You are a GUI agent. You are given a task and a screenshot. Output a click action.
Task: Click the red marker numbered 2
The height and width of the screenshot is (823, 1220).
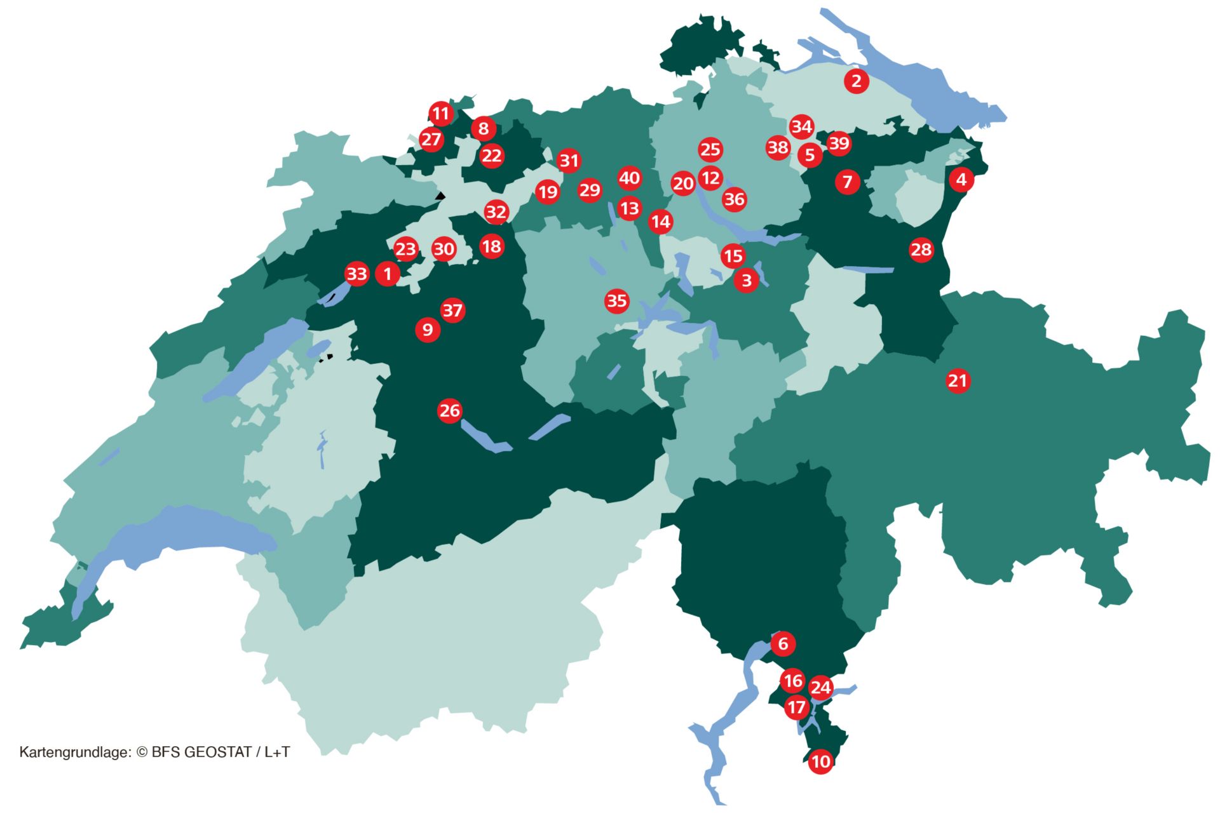tap(857, 81)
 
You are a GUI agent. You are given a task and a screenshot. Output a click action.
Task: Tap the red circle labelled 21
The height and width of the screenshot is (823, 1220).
tap(958, 381)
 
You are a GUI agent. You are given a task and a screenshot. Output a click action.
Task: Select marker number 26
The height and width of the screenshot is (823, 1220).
tap(449, 411)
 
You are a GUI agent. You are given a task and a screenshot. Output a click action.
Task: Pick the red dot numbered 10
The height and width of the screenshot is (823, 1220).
tap(820, 761)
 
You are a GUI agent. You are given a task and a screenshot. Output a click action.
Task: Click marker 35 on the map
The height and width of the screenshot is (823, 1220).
tap(616, 300)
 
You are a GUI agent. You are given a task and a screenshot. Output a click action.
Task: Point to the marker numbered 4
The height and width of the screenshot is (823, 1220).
tap(961, 180)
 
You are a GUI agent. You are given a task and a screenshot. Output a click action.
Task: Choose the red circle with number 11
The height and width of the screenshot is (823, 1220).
tap(440, 114)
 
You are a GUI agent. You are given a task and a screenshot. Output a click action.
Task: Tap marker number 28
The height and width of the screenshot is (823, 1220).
tap(921, 250)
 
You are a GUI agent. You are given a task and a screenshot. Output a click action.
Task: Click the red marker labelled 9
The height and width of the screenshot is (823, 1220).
tap(428, 330)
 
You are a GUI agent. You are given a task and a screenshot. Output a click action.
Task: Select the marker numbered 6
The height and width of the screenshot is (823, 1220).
tap(783, 644)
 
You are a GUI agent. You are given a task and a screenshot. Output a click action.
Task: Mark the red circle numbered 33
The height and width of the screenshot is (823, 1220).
tap(356, 274)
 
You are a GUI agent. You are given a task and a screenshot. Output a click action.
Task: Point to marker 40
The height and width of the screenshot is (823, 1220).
tap(629, 178)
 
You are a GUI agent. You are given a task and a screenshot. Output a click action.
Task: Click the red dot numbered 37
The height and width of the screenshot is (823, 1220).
tap(452, 311)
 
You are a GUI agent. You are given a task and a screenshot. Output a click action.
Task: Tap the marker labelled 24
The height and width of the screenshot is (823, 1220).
tap(820, 687)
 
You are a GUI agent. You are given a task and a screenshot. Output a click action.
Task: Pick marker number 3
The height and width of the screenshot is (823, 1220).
tap(747, 280)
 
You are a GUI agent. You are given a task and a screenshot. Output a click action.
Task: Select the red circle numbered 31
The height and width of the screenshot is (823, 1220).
tap(569, 161)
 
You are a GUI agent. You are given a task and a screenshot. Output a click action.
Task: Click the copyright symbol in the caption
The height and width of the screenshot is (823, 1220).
tap(142, 753)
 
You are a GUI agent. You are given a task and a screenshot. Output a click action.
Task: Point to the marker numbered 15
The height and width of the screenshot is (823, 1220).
tap(733, 256)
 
